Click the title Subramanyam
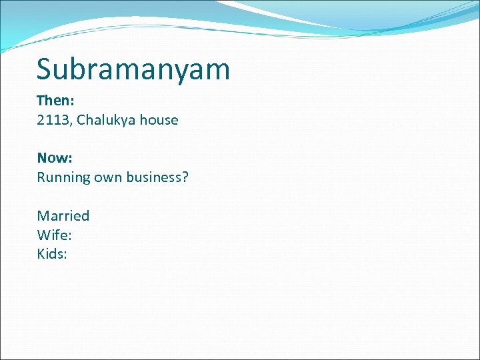(x=133, y=69)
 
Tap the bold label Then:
(x=55, y=101)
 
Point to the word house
(x=158, y=121)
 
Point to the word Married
(x=63, y=216)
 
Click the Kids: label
(x=52, y=254)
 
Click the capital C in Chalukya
(x=82, y=121)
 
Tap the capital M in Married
(x=43, y=216)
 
